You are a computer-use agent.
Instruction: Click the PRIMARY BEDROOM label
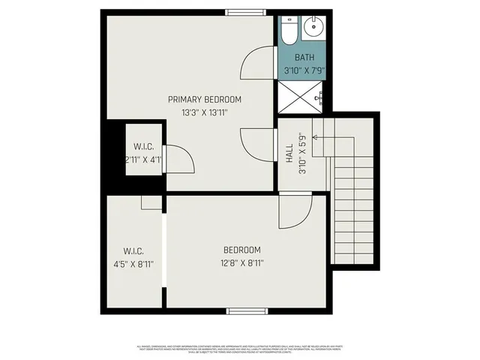[x=205, y=100]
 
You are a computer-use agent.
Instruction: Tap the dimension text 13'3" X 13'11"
[x=205, y=112]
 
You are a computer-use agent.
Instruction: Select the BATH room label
[x=304, y=57]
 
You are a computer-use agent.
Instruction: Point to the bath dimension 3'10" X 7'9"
[x=304, y=70]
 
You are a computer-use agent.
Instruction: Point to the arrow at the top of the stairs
[x=316, y=137]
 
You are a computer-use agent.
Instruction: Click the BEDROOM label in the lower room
[x=242, y=250]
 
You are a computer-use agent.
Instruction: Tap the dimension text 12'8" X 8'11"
[x=242, y=263]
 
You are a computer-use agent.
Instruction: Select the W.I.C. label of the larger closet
[x=133, y=250]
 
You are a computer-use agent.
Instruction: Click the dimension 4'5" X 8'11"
[x=133, y=264]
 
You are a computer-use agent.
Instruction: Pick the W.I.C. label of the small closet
[x=144, y=146]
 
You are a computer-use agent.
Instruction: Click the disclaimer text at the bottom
[x=240, y=349]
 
